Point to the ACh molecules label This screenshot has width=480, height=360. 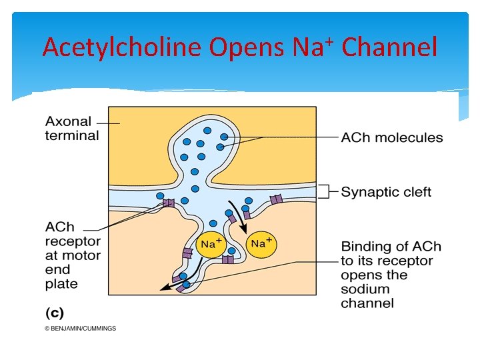pyautogui.click(x=391, y=138)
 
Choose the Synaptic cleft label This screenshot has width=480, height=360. pyautogui.click(x=386, y=192)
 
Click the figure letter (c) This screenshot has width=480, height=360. pyautogui.click(x=54, y=312)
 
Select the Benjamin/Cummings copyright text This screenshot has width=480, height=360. pyautogui.click(x=80, y=328)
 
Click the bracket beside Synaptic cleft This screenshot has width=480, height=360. pyautogui.click(x=323, y=192)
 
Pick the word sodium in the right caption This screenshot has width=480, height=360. pyautogui.click(x=365, y=289)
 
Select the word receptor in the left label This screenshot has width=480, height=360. pyautogui.click(x=73, y=241)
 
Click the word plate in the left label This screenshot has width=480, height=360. pyautogui.click(x=61, y=284)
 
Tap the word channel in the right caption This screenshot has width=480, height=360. pyautogui.click(x=367, y=304)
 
